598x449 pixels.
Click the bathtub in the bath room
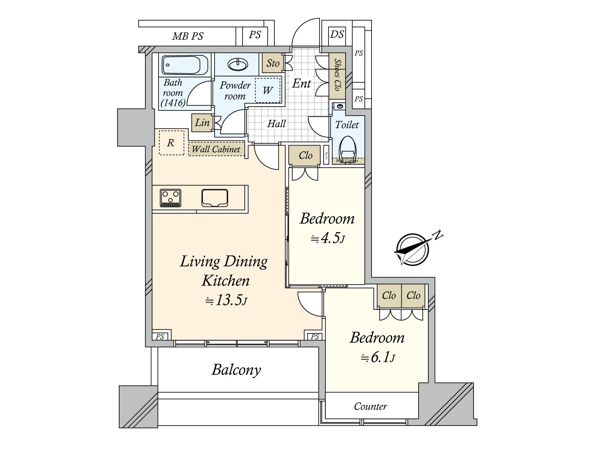185,65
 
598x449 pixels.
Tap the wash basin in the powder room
238,65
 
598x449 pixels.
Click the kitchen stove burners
170,198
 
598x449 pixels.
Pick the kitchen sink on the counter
215,198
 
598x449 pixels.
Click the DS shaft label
337,34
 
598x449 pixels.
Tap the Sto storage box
273,63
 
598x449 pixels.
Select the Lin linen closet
202,122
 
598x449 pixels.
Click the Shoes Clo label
337,74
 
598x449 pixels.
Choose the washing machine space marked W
268,90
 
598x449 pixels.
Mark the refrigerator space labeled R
171,143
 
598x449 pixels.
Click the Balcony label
236,370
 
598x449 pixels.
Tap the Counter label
370,406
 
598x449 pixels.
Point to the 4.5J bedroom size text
328,238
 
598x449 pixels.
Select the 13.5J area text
226,300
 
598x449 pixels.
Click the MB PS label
188,36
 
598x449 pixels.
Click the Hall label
277,124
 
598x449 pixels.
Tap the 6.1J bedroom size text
377,358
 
